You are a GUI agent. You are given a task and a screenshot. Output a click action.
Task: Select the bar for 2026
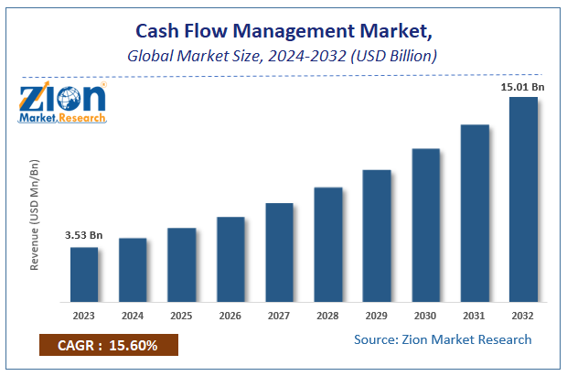pyautogui.click(x=230, y=260)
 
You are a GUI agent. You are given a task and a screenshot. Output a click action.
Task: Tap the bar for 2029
pyautogui.click(x=377, y=236)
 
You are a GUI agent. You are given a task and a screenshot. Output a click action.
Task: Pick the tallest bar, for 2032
pyautogui.click(x=523, y=199)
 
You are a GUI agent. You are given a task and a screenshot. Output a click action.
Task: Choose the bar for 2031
pyautogui.click(x=475, y=213)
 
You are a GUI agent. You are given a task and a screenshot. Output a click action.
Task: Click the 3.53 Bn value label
pyautogui.click(x=84, y=236)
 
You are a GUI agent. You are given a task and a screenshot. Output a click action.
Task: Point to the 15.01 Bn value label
pyautogui.click(x=523, y=86)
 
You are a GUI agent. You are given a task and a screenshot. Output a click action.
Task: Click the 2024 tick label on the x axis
pyautogui.click(x=133, y=317)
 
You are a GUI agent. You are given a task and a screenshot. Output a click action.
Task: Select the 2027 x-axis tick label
pyautogui.click(x=279, y=317)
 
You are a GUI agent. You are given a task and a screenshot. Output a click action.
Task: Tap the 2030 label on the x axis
pyautogui.click(x=425, y=317)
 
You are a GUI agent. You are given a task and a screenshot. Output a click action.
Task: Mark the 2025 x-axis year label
pyautogui.click(x=182, y=317)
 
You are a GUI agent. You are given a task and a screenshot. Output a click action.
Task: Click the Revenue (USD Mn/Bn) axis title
pyautogui.click(x=36, y=214)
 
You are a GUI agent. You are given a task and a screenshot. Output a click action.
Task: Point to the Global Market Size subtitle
pyautogui.click(x=283, y=57)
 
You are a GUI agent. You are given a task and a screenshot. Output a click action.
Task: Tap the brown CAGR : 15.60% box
pyautogui.click(x=108, y=346)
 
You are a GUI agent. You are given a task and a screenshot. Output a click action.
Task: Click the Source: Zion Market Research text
pyautogui.click(x=443, y=339)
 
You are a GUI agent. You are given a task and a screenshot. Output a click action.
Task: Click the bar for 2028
pyautogui.click(x=328, y=245)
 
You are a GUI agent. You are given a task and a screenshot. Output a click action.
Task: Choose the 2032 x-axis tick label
pyautogui.click(x=523, y=317)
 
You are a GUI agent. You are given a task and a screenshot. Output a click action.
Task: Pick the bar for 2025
pyautogui.click(x=182, y=265)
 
